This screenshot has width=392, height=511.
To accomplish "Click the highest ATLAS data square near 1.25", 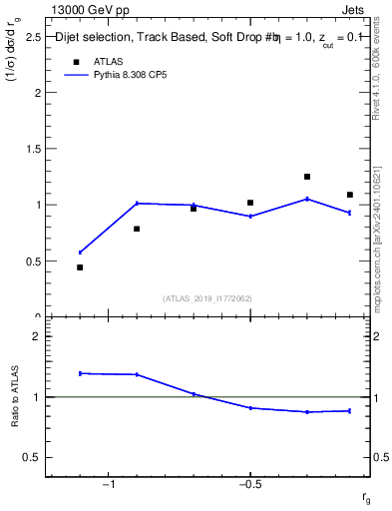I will tap(307, 177).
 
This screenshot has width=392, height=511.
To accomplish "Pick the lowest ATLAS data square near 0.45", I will tap(80, 267).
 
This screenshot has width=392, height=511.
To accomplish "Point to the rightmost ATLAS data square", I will tap(350, 195).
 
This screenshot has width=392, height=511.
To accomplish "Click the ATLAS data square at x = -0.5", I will tap(250, 203).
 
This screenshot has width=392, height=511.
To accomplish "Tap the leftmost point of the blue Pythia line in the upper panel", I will tap(80, 253).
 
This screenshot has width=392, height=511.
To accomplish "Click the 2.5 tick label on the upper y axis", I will tap(32, 37).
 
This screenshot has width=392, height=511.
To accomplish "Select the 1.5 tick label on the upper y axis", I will tap(32, 149).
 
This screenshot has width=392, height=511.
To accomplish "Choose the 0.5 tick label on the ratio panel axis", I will tap(32, 457).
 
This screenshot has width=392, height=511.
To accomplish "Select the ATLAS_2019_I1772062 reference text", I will tap(206, 298).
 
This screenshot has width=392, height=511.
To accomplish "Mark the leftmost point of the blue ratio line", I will tap(80, 373).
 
